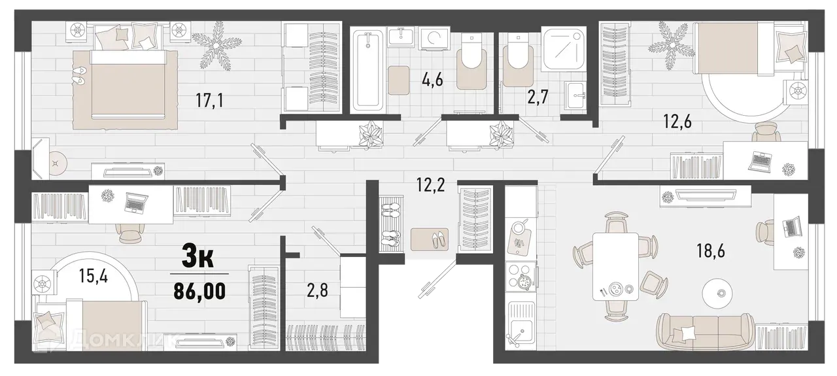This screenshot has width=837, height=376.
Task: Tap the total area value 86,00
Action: [199, 289]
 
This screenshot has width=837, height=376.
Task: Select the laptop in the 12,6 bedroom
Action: [760, 159]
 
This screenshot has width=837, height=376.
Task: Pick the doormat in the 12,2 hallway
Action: [428, 238]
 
